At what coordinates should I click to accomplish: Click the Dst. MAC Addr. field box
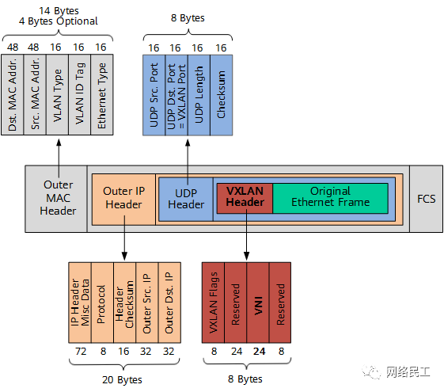(x=13, y=94)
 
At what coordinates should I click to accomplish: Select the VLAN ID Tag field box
(x=80, y=94)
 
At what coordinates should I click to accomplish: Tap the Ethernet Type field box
(x=102, y=94)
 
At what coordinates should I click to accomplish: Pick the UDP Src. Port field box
(x=154, y=95)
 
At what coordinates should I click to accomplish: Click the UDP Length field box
(x=199, y=95)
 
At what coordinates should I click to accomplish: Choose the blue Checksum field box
(x=222, y=95)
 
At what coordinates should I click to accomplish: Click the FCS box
(x=426, y=199)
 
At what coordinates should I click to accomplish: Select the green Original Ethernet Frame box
(x=331, y=198)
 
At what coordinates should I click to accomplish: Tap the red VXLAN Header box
(x=245, y=198)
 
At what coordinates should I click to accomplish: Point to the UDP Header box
(x=186, y=199)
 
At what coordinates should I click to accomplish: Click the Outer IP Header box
(x=123, y=200)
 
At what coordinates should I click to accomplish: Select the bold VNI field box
(x=258, y=303)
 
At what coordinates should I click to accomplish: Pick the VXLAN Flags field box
(x=213, y=303)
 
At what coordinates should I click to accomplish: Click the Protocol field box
(x=102, y=303)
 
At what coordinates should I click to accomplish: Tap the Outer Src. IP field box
(x=147, y=303)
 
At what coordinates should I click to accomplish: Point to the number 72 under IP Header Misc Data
(x=81, y=351)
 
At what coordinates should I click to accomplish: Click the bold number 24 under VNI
(x=259, y=351)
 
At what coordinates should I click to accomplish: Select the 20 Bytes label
(x=122, y=379)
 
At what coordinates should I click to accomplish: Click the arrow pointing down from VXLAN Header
(x=247, y=234)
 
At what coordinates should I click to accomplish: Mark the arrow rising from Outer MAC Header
(x=59, y=158)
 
